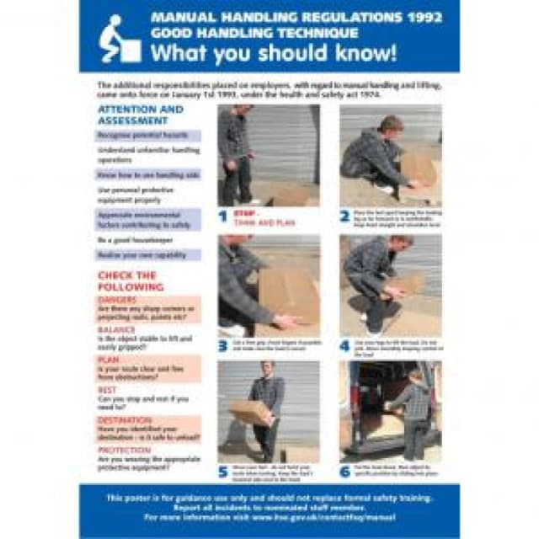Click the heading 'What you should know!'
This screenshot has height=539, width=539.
[272, 52]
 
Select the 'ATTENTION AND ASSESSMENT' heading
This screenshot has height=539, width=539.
[141, 115]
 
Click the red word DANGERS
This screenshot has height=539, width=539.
[117, 299]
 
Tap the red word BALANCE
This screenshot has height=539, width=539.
[116, 329]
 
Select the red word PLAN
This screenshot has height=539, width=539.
[109, 360]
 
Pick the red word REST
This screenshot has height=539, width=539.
[108, 389]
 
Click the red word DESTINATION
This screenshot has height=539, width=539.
[125, 419]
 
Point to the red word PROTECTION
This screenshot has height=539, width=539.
[123, 448]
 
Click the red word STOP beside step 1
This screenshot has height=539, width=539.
[245, 214]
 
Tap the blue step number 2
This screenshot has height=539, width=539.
[344, 216]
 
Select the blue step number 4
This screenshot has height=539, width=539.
[344, 345]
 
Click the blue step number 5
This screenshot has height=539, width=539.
[223, 471]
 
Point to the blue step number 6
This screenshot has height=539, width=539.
[344, 471]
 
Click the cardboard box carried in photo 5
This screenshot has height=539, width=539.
[249, 411]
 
